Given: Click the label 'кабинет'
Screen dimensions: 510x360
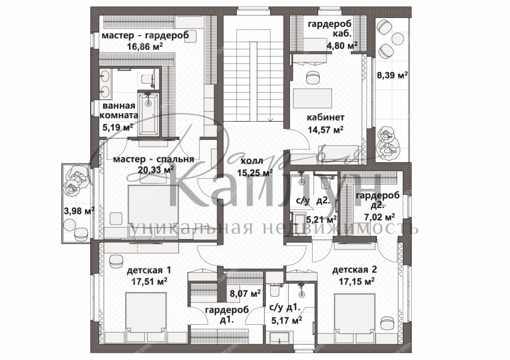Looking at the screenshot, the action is click(325, 118).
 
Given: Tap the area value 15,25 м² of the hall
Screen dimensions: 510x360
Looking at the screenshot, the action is click(255, 173).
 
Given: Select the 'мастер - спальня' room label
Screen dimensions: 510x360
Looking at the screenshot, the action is click(154, 159).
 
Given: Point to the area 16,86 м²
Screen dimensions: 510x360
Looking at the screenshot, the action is click(145, 46).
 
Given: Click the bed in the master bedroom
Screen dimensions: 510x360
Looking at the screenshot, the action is click(149, 206).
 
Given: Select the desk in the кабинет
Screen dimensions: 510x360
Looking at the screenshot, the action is click(313, 98).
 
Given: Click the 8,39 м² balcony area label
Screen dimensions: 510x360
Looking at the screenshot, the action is click(392, 75).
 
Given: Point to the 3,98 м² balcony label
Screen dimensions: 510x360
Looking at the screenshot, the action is click(79, 211).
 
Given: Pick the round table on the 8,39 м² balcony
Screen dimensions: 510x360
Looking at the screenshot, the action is click(398, 37).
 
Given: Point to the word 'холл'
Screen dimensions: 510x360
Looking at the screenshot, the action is click(252, 161).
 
